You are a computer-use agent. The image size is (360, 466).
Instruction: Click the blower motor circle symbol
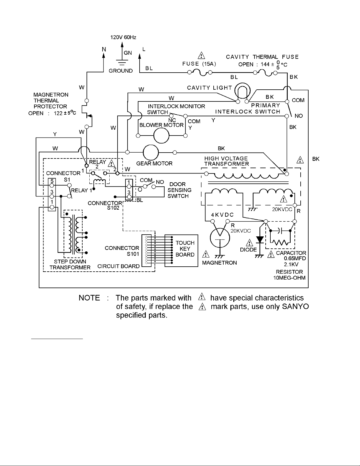161,136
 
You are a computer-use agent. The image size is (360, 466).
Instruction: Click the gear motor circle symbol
151,153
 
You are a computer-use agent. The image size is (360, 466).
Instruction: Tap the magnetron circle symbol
220,238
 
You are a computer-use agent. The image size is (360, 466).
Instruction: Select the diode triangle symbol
260,240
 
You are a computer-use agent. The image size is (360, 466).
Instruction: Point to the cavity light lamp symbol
242,91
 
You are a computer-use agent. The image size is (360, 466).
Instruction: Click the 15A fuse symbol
200,73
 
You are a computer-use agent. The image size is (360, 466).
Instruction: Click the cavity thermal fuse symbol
265,73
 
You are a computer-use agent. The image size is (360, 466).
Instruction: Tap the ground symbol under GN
122,62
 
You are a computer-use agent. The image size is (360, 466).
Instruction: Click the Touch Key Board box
181,251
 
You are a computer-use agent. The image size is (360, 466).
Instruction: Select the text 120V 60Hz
123,37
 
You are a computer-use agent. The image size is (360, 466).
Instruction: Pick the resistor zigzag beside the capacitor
280,243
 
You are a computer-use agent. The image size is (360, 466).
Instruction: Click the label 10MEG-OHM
289,278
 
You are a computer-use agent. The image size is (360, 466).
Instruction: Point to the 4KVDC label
222,215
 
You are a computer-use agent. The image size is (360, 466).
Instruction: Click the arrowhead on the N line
104,56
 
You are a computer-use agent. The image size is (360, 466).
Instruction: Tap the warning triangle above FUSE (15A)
201,55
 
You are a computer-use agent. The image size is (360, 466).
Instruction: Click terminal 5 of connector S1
52,186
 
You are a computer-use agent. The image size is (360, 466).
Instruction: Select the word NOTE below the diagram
89,298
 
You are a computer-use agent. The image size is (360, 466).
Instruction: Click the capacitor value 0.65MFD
295,258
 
